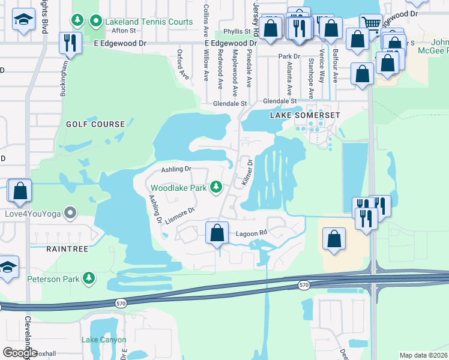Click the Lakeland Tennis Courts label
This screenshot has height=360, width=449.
[x=149, y=22]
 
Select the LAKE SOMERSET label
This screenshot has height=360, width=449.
[x=305, y=115]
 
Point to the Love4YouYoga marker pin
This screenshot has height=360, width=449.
[x=71, y=213]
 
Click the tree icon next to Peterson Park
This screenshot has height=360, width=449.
[x=89, y=278]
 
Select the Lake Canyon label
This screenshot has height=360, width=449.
[x=104, y=340]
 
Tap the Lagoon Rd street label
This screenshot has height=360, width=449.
[x=251, y=233]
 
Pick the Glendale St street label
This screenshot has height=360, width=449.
[x=230, y=103]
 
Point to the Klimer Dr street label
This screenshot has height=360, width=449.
[x=247, y=172]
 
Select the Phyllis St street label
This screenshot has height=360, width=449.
[x=237, y=31]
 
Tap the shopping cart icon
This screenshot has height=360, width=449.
[x=371, y=24]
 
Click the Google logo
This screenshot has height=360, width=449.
[x=20, y=353]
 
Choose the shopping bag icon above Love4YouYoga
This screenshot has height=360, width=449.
[x=20, y=191]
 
